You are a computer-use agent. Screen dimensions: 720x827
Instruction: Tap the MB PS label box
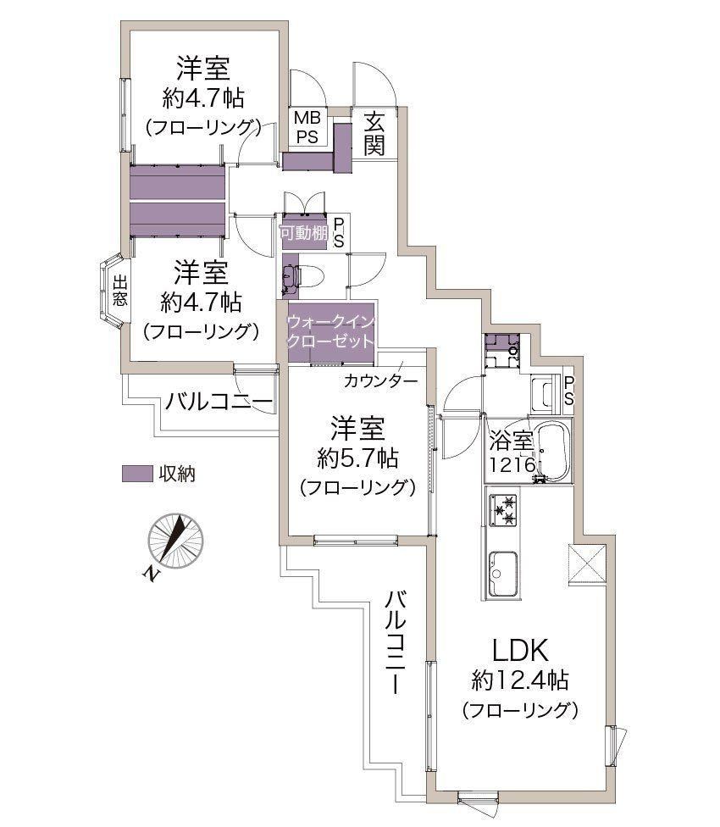(307, 126)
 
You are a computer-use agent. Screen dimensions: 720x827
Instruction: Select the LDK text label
(520, 650)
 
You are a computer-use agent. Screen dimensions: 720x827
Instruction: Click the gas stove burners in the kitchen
(503, 510)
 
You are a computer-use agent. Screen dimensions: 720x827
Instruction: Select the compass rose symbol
(175, 541)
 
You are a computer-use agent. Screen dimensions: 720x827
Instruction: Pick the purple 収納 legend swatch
(137, 473)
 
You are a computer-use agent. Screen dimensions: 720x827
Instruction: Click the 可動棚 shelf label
(303, 232)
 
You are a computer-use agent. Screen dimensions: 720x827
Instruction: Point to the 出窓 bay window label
(119, 291)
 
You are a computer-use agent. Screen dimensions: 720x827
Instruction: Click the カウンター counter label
(380, 380)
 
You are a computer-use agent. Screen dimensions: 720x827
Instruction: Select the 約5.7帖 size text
(357, 458)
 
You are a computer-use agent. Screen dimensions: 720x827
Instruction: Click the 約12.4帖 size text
(520, 680)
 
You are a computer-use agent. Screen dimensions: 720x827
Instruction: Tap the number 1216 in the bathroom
(512, 465)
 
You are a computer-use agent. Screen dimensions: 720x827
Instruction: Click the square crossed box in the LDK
(587, 563)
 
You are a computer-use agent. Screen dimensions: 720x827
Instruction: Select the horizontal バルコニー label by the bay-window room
(219, 402)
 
